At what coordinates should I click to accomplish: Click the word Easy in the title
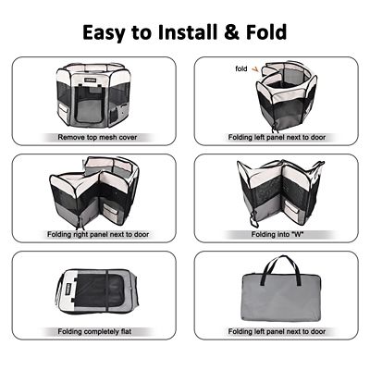click(x=109, y=32)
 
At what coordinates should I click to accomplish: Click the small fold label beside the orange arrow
click(x=241, y=68)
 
